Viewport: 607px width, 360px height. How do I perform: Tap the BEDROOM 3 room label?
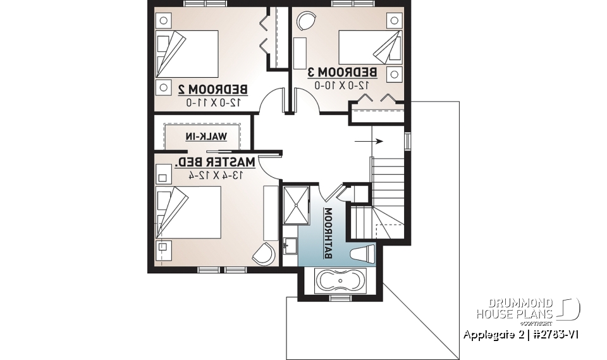pos(342,71)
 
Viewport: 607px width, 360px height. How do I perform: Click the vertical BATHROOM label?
pos(329,233)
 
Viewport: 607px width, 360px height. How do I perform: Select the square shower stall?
pos(295,205)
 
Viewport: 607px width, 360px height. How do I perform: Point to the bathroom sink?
pos(290,245)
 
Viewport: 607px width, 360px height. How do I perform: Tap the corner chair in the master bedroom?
pos(264,255)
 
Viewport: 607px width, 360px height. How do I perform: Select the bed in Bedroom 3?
pos(367,47)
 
